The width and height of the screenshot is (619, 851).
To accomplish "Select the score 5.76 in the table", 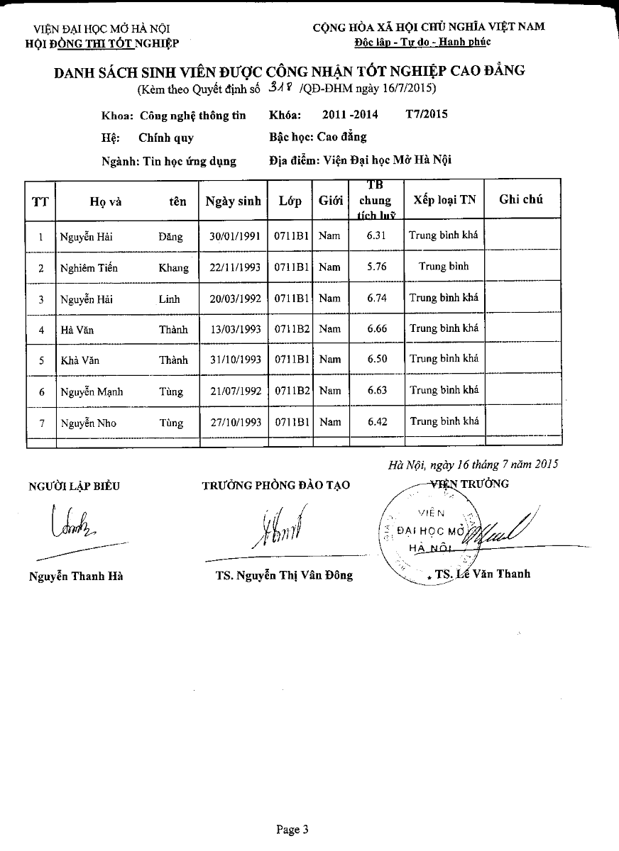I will pos(376,267).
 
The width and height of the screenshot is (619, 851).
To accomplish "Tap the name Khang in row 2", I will pos(174,267).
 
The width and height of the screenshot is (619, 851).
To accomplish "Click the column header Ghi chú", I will pos(521,199).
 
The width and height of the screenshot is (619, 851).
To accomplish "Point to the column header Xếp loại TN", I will pos(444,200).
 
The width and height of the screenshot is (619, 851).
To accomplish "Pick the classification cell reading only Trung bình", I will pos(444,267).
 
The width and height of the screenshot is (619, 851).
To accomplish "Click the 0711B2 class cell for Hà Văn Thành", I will pos(291,329).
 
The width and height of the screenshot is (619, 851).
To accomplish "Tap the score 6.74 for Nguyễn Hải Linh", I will pos(376,298).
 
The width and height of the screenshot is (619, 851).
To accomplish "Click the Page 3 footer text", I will pos(292,829).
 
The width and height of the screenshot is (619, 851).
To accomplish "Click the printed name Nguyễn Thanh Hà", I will pos(76,576).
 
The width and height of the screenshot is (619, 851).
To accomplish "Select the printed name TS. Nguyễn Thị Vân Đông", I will pos(284,575).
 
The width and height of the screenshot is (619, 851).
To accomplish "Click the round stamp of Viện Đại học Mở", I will pos(430,532).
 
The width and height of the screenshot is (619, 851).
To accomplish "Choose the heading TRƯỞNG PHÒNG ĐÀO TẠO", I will pos(276,485).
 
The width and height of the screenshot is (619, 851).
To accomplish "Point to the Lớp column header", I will pos(290,201).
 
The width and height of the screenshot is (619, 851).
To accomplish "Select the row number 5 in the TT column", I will pos(41,360).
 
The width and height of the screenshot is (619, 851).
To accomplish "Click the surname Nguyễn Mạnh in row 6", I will pos(86,391).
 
